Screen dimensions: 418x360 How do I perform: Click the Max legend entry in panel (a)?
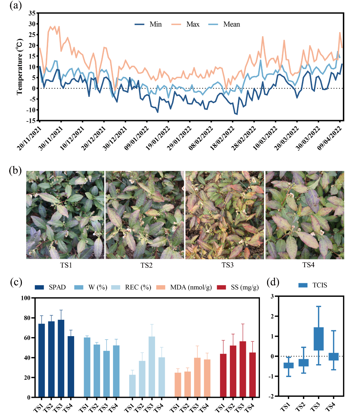coord(193,24)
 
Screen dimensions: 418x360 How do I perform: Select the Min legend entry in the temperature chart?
coord(155,24)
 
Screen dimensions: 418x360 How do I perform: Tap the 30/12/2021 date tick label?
coord(115,138)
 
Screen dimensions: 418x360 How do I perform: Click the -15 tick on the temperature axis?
coord(32,121)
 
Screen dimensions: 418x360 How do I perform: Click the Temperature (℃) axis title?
coord(19,67)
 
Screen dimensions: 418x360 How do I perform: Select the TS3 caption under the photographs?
coord(227,265)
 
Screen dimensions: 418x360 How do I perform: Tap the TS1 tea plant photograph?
coord(65,215)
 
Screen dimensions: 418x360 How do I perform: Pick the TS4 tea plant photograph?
coord(305,215)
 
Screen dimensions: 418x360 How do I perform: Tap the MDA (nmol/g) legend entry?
coord(191,287)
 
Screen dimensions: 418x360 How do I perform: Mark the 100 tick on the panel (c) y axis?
coord(26,298)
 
